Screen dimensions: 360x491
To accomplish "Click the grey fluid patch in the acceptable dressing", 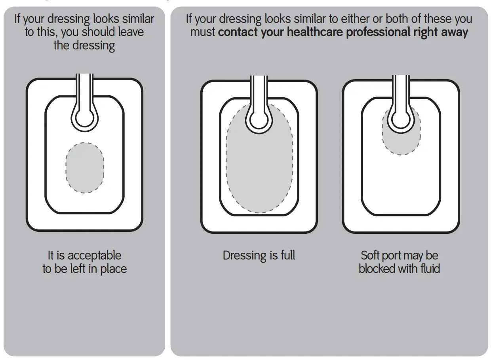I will [85, 168].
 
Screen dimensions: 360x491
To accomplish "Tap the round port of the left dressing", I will [84, 117].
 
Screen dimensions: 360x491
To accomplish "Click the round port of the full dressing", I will [259, 117].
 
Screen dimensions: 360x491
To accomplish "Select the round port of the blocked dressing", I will [401, 117].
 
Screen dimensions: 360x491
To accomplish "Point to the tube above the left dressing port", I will [84, 89].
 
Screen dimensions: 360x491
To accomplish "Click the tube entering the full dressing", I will [259, 89].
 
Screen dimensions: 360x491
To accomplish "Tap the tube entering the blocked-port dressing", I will [401, 89].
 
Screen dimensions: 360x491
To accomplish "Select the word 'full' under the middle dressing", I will [287, 256].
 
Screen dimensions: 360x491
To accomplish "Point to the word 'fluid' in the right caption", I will [429, 269].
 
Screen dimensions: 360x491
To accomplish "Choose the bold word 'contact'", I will [238, 32].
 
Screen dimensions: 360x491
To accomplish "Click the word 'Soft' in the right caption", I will [370, 256].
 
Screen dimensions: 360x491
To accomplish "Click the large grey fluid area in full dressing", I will [259, 166].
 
